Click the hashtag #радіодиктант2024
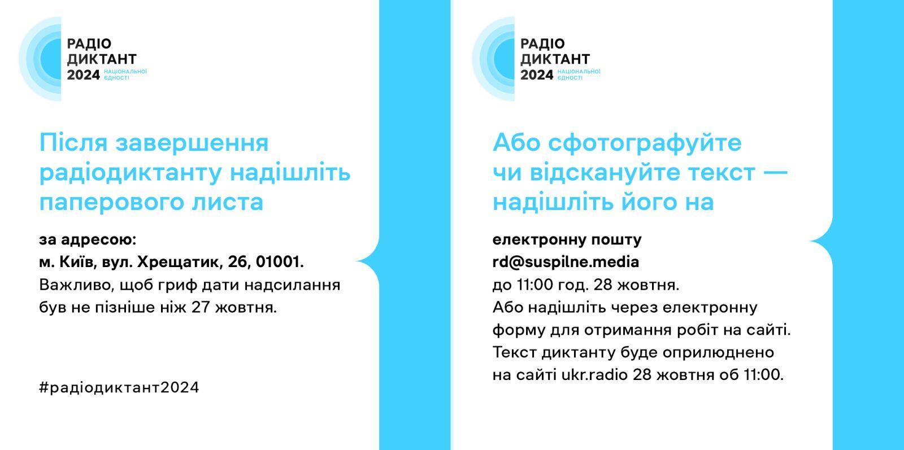[x=119, y=387]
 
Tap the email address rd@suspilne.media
[x=566, y=263]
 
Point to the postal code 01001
[x=280, y=262]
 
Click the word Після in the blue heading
[x=73, y=143]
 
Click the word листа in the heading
[x=228, y=202]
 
